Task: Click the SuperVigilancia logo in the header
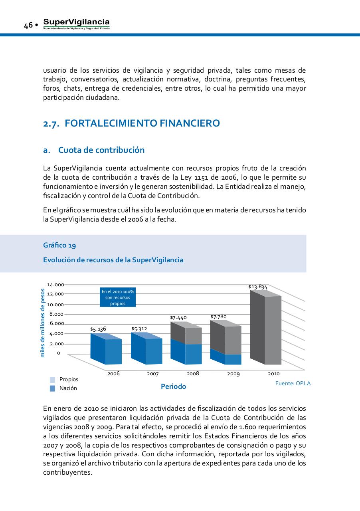pos(76,24)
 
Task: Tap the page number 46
pos(28,26)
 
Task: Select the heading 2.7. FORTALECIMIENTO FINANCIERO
pos(131,123)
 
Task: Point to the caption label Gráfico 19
pos(59,245)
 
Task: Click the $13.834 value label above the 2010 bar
pos(257,287)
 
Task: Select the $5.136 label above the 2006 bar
pos(98,329)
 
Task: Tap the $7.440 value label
pos(178,318)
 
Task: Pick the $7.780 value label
pos(218,317)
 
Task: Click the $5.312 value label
pos(139,329)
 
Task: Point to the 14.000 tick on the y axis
pos(55,285)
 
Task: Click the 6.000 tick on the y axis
pos(57,323)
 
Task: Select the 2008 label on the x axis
pos(193,374)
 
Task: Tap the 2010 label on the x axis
pos(273,374)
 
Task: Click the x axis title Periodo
pos(173,386)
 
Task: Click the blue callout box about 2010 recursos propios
pos(118,297)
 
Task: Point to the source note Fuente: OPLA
pos(293,383)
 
